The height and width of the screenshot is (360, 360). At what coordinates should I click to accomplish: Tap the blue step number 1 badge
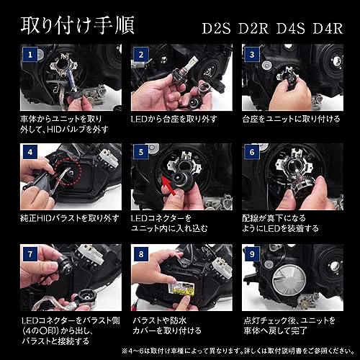point(30,55)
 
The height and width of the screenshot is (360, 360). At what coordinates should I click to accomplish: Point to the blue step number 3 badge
point(252,55)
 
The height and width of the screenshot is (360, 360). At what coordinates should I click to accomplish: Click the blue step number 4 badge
point(30,153)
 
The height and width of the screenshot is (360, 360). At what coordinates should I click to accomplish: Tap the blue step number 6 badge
point(252,153)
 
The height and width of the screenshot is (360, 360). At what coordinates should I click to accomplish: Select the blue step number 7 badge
point(30,254)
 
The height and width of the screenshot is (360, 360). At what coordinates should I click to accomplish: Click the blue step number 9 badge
point(252,254)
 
